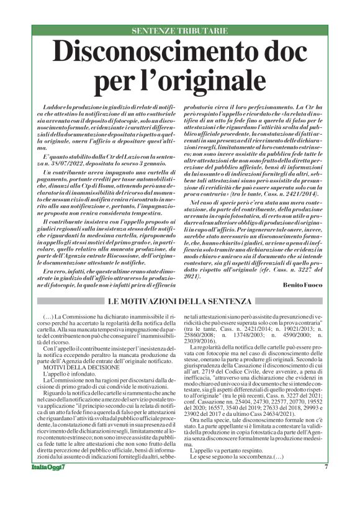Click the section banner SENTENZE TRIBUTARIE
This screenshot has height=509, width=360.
180,31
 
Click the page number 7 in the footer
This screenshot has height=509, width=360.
325,484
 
